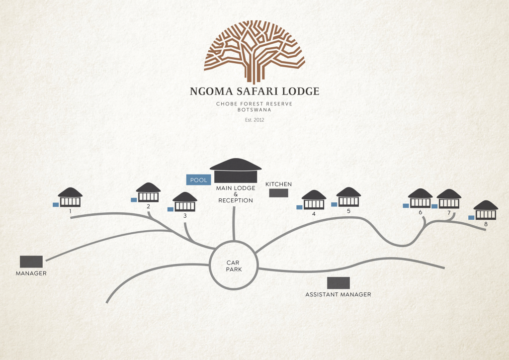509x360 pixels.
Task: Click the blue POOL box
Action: click(198, 180)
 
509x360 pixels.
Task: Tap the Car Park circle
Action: click(234, 266)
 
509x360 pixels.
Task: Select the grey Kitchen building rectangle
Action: click(279, 193)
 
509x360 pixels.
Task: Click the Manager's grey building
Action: click(31, 262)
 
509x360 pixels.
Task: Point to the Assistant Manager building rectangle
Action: click(339, 283)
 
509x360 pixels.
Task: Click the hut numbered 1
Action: click(70, 197)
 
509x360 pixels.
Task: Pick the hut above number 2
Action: click(148, 193)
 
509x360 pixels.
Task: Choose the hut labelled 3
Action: click(185, 202)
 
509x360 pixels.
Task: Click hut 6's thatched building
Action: click(421, 198)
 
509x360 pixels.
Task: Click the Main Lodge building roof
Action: click(235, 166)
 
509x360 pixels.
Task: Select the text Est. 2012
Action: click(254, 119)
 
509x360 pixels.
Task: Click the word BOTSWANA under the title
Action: click(254, 109)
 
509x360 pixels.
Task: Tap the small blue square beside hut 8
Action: click(471, 217)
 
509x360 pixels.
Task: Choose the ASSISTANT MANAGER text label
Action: click(338, 294)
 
